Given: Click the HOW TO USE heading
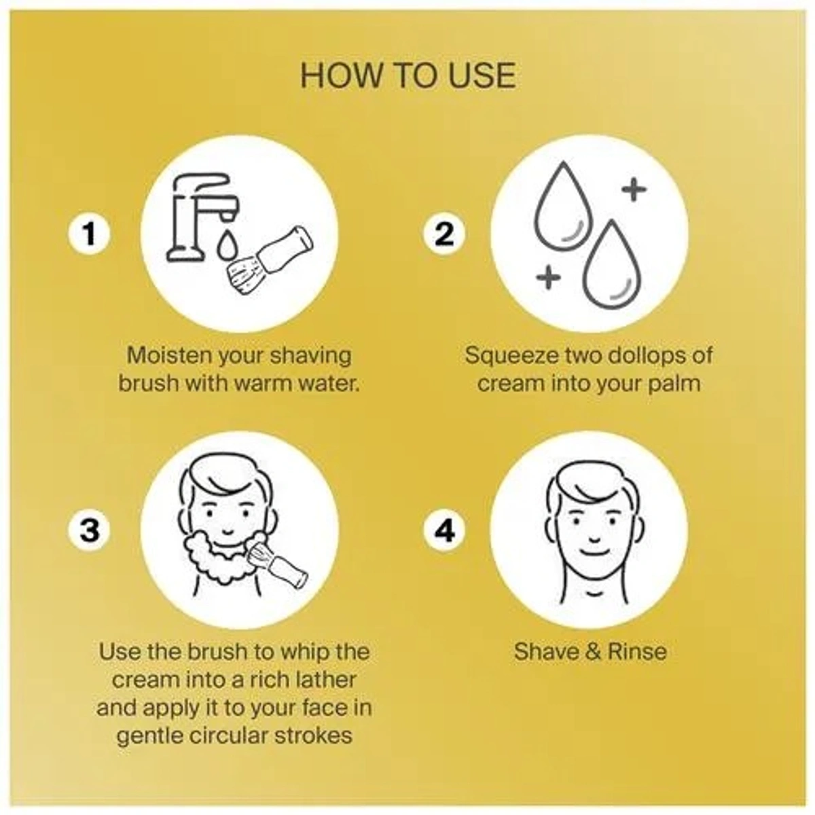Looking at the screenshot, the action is [408, 76].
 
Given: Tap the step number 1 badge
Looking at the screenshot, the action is [89, 234].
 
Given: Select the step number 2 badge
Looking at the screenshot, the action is [444, 234].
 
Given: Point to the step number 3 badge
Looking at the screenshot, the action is [89, 530].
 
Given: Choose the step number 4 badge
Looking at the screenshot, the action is [444, 530].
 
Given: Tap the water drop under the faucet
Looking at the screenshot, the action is [226, 246].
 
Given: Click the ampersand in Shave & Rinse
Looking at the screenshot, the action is [594, 651].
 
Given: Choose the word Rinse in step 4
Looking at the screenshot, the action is [637, 651].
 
